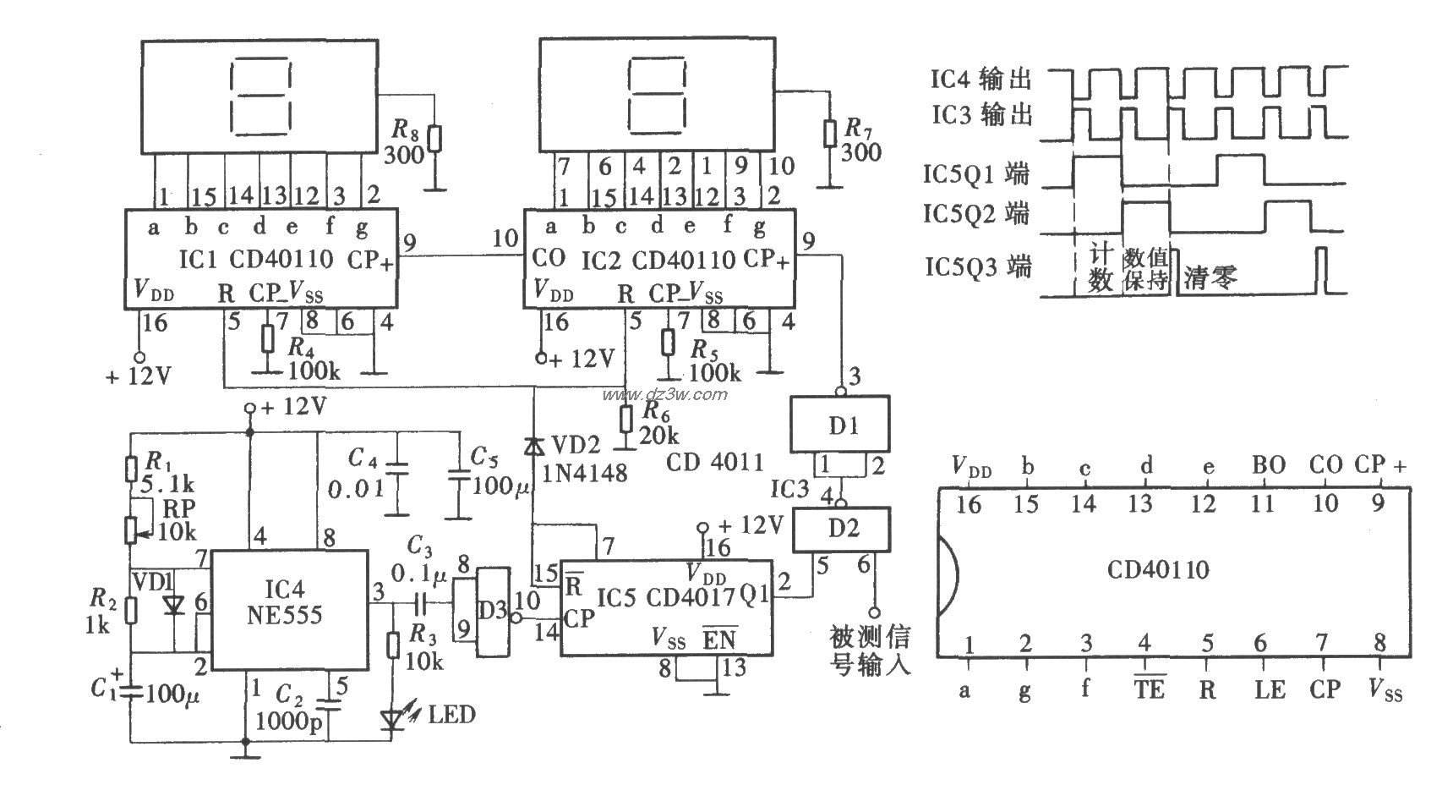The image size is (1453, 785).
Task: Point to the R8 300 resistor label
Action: coord(405,142)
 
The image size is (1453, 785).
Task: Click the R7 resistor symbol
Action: coord(831,134)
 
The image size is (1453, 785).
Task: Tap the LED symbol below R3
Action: coord(392,719)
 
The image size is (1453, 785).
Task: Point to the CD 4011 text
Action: coord(714,462)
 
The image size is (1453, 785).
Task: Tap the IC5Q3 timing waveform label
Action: coord(977,268)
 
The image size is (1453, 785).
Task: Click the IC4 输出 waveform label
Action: coord(981,80)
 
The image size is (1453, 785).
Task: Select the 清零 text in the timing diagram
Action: coord(1210,277)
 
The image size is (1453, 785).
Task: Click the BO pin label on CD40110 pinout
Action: coord(1267,464)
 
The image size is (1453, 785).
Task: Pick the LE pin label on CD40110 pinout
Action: coord(1269,689)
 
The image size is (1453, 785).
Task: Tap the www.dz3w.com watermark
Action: coord(664,394)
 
